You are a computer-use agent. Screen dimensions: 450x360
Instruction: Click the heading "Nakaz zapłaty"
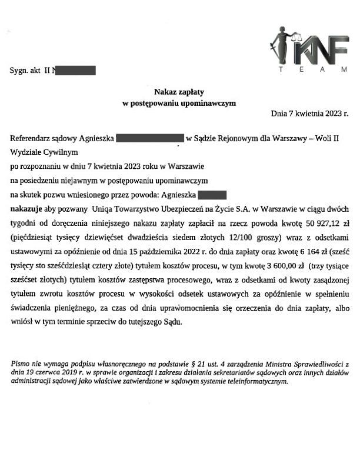tap(179, 92)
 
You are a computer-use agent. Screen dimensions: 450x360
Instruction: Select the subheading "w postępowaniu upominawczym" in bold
tap(179, 103)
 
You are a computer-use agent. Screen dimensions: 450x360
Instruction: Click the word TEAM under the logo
tap(312, 70)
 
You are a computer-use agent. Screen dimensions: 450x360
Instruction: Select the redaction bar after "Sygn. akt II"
tap(74, 71)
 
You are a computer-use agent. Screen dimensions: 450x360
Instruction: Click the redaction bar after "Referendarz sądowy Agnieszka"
tap(151, 139)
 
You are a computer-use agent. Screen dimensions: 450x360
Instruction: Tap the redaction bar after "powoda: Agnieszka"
tap(212, 194)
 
